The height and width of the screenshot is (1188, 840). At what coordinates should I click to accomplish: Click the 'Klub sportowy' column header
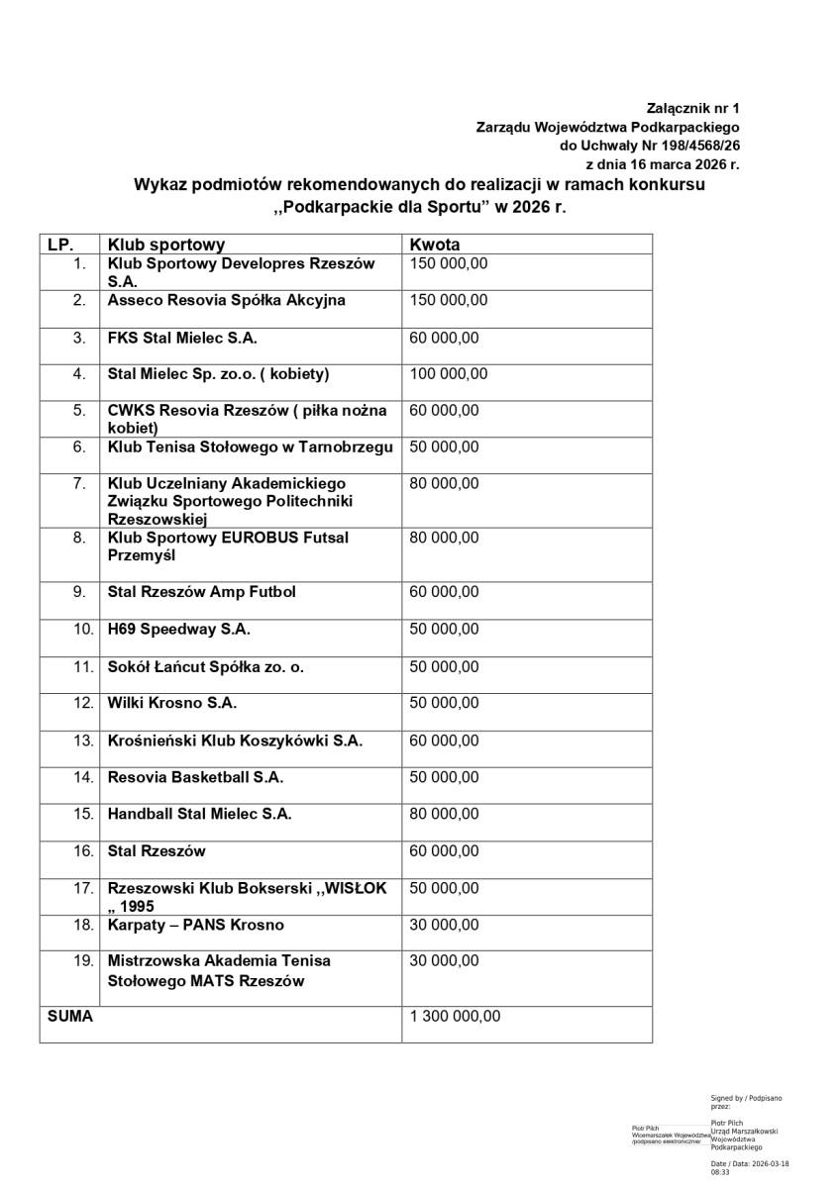[x=166, y=245]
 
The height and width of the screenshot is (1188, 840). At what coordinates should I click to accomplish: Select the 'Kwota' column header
[x=435, y=245]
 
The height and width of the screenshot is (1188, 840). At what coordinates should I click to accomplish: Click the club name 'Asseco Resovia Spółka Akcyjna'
[x=227, y=300]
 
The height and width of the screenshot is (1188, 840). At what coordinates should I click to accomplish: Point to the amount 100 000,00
[x=448, y=374]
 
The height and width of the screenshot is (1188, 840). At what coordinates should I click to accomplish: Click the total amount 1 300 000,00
[x=455, y=1016]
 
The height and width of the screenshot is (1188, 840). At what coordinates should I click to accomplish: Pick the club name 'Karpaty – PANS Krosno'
[x=196, y=925]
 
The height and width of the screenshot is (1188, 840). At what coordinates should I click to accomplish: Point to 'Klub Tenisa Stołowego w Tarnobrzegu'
[x=251, y=446]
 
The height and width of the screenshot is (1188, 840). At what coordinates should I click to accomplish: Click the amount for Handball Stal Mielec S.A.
[x=444, y=814]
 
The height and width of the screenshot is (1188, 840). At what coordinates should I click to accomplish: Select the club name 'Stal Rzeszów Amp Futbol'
[x=202, y=592]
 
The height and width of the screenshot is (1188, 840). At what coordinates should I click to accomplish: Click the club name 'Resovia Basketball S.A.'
[x=196, y=777]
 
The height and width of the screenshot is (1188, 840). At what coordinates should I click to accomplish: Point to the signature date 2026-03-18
[x=771, y=1164]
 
